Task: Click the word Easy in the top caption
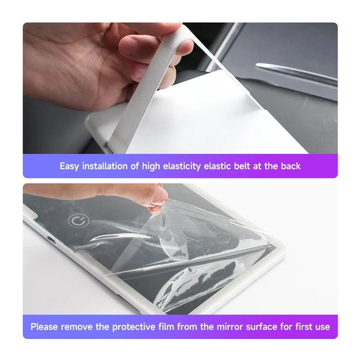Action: pyautogui.click(x=71, y=166)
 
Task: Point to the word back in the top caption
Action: pyautogui.click(x=289, y=166)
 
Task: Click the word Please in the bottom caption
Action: pyautogui.click(x=46, y=327)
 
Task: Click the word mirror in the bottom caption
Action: pyautogui.click(x=233, y=327)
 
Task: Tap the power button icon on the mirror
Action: pyautogui.click(x=77, y=220)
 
